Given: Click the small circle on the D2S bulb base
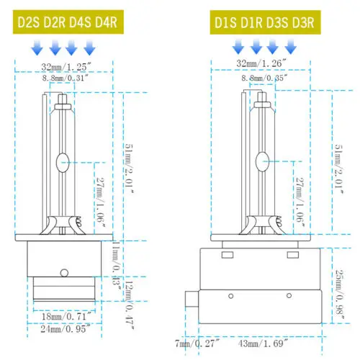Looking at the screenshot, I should tap(63, 272).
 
